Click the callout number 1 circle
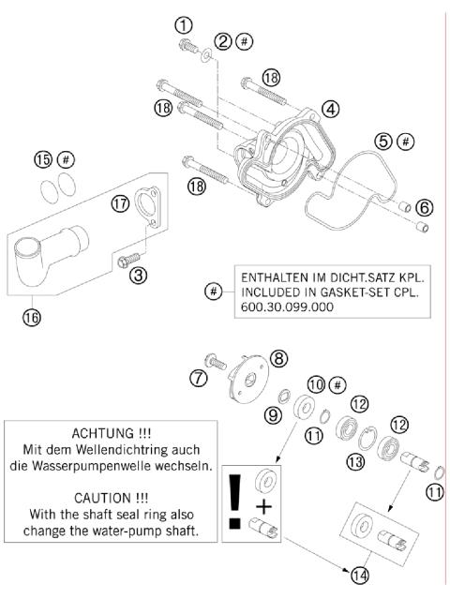click(x=185, y=24)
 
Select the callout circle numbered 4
click(x=330, y=108)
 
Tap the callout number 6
click(x=426, y=206)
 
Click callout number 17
click(x=145, y=203)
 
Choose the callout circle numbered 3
click(x=138, y=275)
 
